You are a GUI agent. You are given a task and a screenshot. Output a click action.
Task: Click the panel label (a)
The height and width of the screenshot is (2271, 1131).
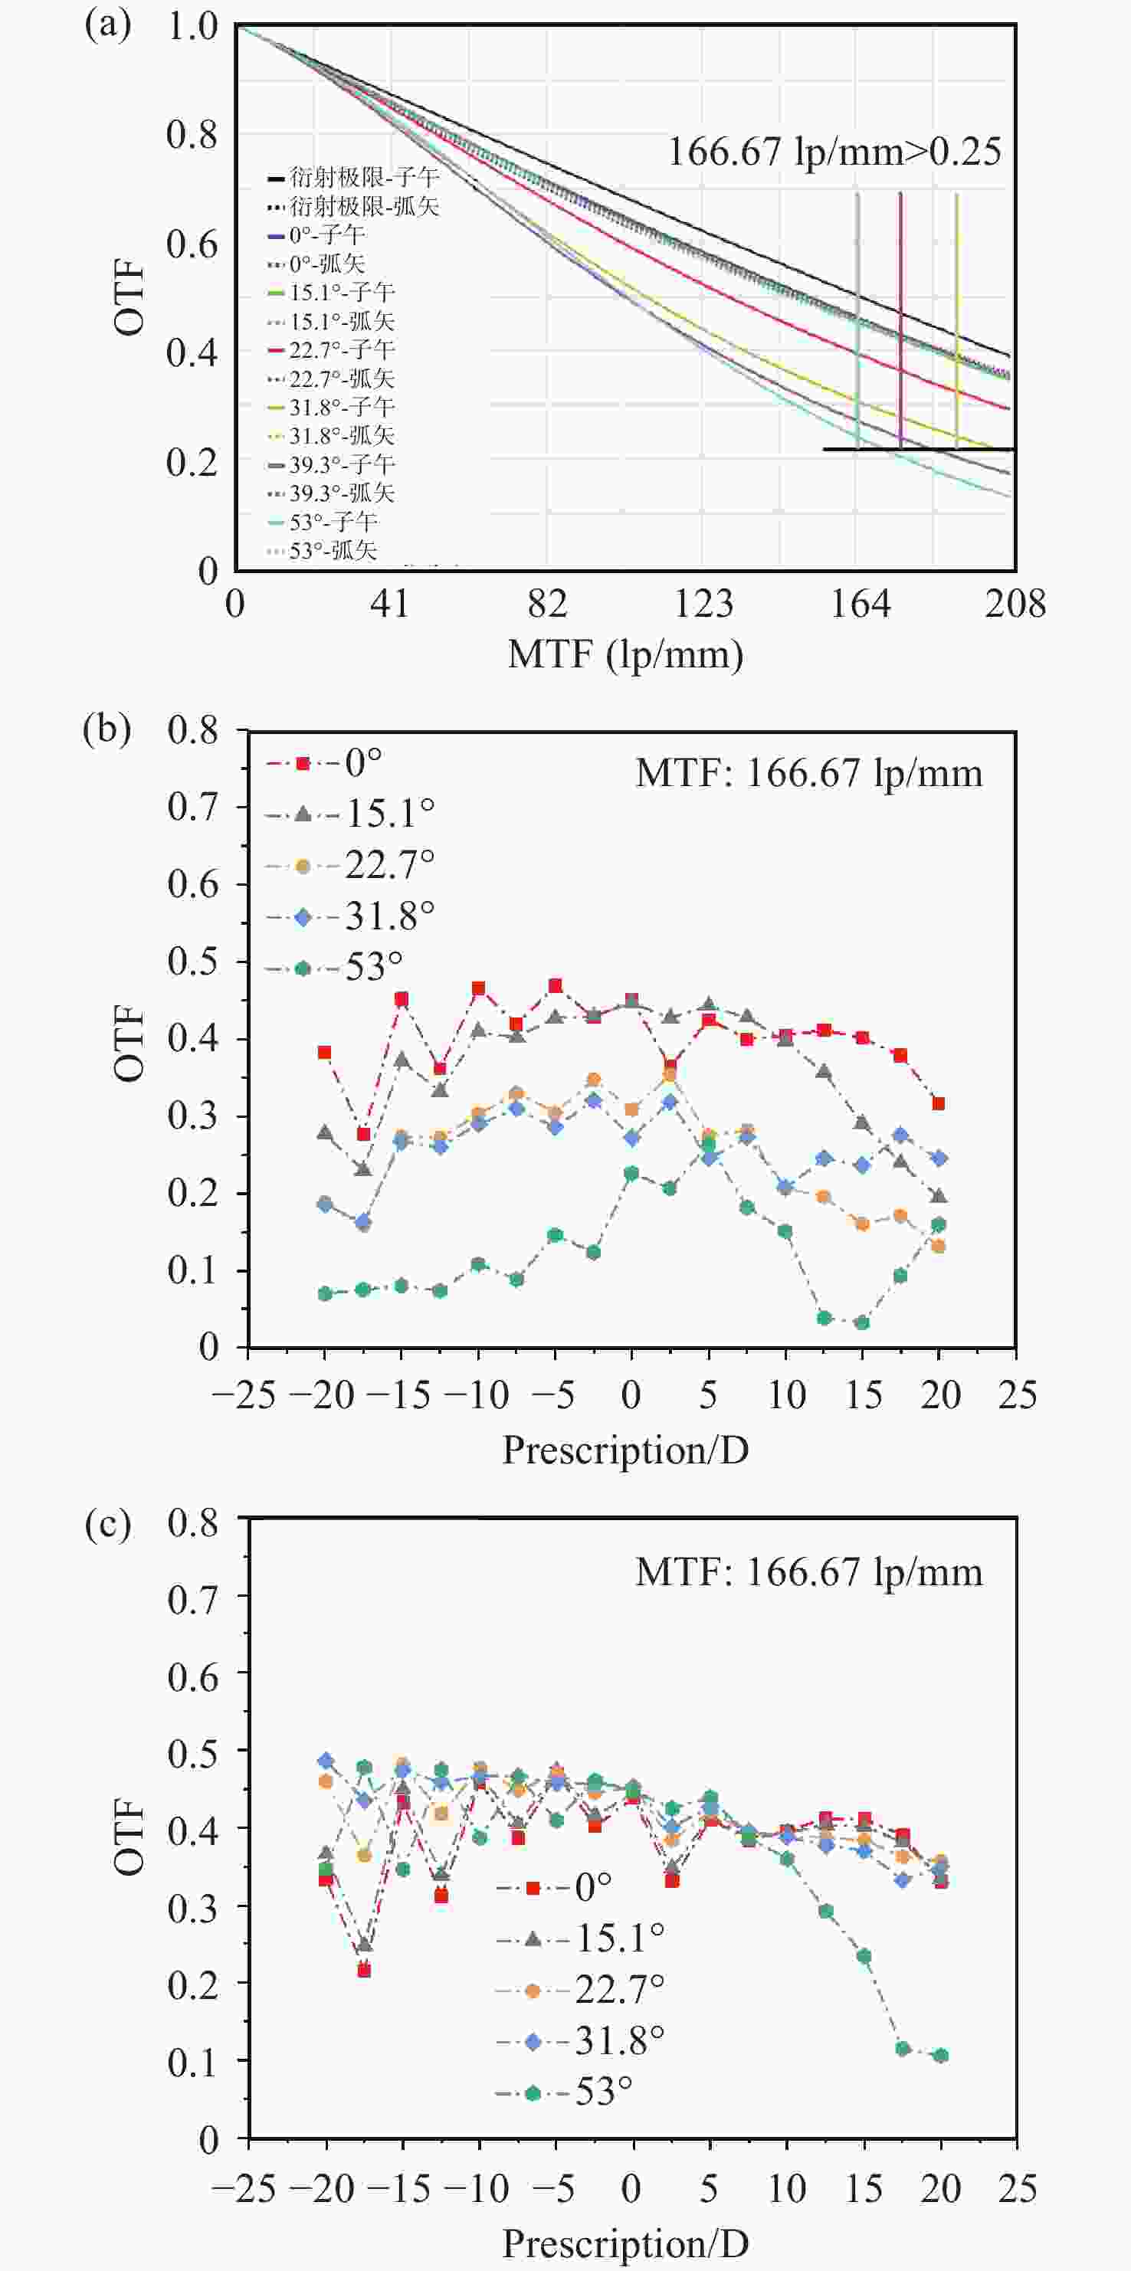pos(107,25)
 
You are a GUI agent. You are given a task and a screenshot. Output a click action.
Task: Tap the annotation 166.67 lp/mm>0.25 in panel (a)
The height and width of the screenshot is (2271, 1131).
pos(834,152)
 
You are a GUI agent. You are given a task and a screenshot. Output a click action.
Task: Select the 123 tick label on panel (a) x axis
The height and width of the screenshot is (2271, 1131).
pos(703,605)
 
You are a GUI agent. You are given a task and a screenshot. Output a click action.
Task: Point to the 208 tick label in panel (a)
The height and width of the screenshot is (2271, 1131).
pos(1015,605)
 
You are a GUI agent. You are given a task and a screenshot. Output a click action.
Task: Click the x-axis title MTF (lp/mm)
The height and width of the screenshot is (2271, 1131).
pos(625,655)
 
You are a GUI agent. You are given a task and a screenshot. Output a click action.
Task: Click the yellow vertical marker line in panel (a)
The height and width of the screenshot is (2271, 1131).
pos(956,317)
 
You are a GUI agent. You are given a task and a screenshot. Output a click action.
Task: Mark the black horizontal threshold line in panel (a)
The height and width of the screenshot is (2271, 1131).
pos(916,450)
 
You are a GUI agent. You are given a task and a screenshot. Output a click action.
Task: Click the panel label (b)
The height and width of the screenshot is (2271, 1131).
pos(107,730)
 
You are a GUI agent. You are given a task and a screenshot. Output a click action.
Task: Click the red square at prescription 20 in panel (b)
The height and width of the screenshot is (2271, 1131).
pos(939,1104)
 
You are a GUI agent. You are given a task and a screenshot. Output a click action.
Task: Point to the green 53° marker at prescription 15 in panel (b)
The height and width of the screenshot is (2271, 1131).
pos(862,1322)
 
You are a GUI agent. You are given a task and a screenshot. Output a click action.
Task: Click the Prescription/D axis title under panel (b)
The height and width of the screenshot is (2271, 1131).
pos(625,1450)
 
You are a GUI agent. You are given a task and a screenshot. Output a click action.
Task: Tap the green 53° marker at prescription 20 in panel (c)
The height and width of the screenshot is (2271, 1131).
pos(941,2056)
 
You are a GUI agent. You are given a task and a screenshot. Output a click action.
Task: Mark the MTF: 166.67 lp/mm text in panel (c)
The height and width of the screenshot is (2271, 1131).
pos(808,1572)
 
